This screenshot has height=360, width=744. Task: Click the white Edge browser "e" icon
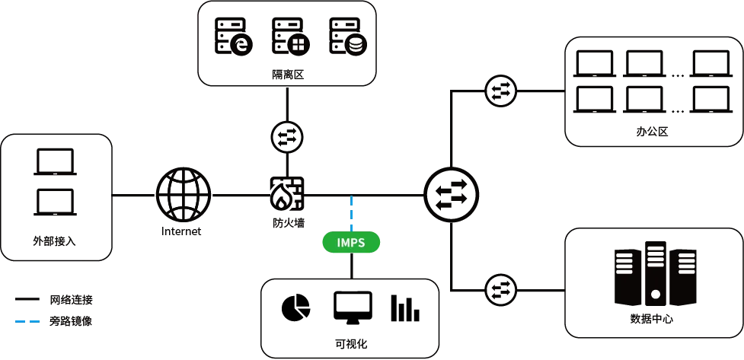coord(241,45)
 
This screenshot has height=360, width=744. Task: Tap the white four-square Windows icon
coord(299,45)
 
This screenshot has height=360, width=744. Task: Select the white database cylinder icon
coord(356,45)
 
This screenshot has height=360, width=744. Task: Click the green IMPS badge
coord(350,243)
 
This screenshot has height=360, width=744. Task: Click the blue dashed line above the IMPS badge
coord(350,213)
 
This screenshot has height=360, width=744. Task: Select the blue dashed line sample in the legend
coord(27,320)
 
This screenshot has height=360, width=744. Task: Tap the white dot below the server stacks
coord(656,294)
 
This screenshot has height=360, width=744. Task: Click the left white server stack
coord(624,263)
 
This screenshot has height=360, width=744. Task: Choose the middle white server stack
coord(656,256)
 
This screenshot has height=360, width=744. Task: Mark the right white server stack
coord(687,263)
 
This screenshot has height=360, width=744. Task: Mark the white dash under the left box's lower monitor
coord(56,215)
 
